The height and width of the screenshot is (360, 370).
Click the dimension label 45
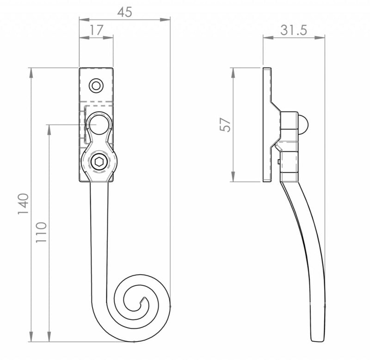coord(124,12)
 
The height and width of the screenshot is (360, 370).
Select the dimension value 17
coord(96,30)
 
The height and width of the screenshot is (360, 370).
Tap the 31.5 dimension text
coord(294,30)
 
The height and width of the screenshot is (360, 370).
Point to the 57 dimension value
coord(225,124)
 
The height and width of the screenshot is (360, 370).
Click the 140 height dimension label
coord(23,204)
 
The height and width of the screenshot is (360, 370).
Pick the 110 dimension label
coord(41,232)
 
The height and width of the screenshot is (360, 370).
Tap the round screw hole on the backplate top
coord(96,86)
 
